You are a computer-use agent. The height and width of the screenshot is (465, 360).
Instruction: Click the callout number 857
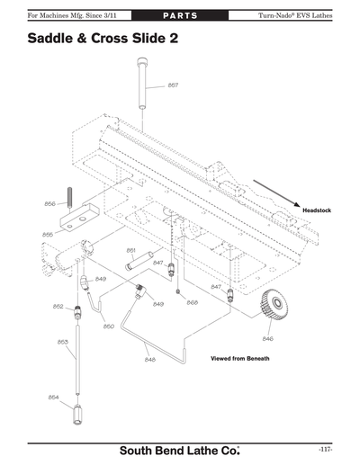(173, 85)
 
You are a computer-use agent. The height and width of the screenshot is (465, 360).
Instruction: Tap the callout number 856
(50, 203)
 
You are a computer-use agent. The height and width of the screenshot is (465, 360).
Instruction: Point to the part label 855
(48, 234)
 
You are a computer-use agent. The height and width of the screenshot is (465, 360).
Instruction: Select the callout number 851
(130, 250)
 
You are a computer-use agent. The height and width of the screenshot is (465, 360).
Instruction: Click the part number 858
(192, 302)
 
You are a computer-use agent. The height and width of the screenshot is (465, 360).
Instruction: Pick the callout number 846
(267, 338)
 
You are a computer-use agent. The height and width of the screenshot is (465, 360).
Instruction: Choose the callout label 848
(149, 359)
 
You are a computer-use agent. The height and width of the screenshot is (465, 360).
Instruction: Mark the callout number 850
(108, 326)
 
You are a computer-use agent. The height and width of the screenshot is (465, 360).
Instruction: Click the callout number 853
(63, 342)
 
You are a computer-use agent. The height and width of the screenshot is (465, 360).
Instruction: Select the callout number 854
(53, 396)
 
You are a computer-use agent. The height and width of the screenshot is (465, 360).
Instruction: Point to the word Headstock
(317, 210)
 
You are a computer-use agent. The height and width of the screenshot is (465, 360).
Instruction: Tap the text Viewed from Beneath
(239, 359)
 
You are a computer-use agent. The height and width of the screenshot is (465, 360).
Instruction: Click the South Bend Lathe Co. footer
(180, 449)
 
